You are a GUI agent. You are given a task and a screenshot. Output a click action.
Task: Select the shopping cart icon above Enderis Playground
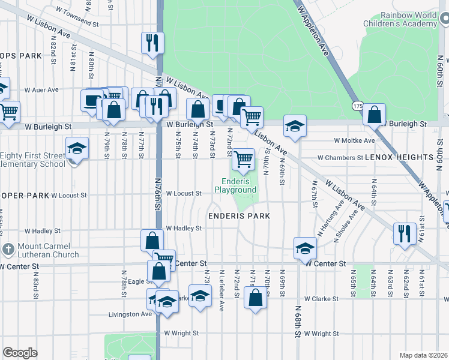click(x=243, y=159)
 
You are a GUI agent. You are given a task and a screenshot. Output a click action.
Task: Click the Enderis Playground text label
click(x=239, y=185)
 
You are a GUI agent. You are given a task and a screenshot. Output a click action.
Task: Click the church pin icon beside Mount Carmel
click(x=8, y=249)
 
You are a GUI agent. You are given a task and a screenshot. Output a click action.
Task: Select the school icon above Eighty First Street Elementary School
click(x=77, y=148)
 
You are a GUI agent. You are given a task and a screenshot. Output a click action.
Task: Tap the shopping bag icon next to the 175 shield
click(x=375, y=114)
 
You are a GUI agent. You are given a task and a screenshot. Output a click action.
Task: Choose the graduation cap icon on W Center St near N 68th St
click(x=305, y=247)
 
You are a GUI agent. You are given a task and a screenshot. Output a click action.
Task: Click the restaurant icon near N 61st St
click(x=405, y=232)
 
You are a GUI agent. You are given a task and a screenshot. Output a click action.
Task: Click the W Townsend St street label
click(x=77, y=17)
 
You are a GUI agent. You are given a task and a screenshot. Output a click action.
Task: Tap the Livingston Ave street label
click(x=130, y=314)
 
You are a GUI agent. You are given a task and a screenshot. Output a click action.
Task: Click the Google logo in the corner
click(x=20, y=353)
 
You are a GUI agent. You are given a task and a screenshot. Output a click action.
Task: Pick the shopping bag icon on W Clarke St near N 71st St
click(x=255, y=297)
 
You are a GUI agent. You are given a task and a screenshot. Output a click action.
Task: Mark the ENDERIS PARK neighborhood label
click(x=239, y=215)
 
